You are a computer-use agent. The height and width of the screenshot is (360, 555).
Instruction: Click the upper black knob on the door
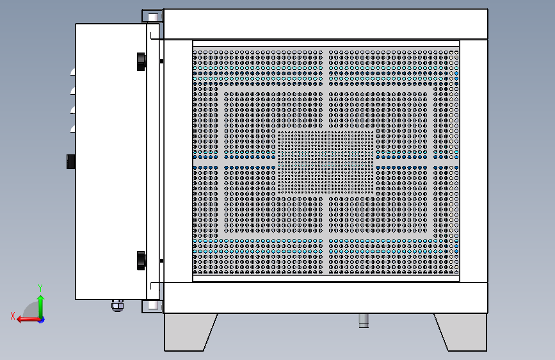click(x=141, y=61)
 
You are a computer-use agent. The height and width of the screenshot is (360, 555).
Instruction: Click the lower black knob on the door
click(x=141, y=261)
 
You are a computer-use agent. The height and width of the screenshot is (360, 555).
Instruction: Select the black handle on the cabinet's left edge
click(x=71, y=161)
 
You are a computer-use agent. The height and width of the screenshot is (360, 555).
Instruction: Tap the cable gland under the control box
click(x=118, y=306)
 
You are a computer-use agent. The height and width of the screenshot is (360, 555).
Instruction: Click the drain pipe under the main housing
click(x=364, y=320)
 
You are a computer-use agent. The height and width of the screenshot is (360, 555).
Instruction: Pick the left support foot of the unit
click(x=189, y=332)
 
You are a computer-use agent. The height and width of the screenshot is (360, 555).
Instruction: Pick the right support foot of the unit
click(x=462, y=332)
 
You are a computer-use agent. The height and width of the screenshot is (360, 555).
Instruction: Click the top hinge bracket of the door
click(x=152, y=16)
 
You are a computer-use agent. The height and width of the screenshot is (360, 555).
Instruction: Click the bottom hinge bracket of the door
click(x=152, y=306)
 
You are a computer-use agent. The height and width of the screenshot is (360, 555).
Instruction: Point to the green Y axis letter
click(x=40, y=288)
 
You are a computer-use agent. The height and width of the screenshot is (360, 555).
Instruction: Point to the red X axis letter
click(x=13, y=316)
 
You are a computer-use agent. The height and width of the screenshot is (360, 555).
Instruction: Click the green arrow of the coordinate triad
click(x=41, y=306)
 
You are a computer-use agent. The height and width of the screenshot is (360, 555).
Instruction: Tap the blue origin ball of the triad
click(x=42, y=320)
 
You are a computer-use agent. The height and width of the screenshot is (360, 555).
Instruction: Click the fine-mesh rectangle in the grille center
click(x=326, y=162)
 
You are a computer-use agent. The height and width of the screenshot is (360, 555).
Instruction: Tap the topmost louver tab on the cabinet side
click(x=73, y=72)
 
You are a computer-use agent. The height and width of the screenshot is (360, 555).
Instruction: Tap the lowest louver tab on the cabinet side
click(x=73, y=129)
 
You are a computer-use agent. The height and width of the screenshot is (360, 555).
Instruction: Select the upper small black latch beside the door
click(x=161, y=61)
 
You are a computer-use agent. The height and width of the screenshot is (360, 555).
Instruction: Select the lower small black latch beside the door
click(x=161, y=261)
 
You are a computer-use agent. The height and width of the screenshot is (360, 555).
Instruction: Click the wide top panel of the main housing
click(x=326, y=24)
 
